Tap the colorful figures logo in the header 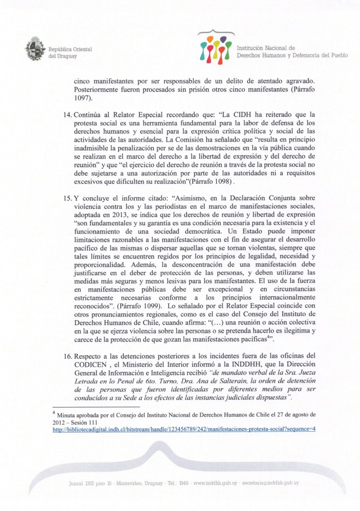click(x=214, y=47)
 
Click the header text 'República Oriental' click(x=67, y=49)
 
